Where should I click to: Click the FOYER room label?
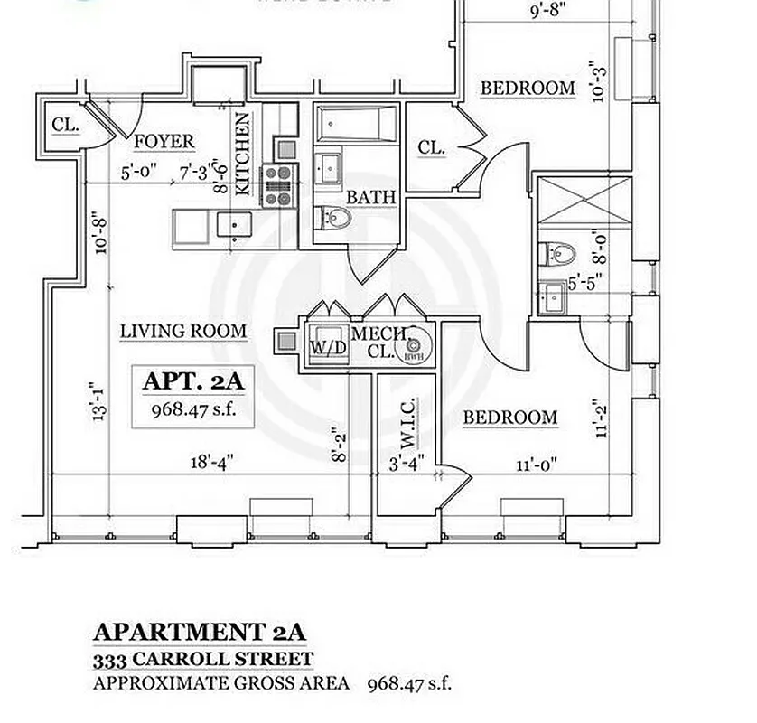tap(164, 142)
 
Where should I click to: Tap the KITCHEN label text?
tap(243, 154)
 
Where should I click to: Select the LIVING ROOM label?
tap(183, 332)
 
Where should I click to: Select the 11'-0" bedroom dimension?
tap(536, 465)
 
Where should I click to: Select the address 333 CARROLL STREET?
tap(203, 660)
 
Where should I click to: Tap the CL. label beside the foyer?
tap(65, 126)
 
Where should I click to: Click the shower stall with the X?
tap(584, 203)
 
